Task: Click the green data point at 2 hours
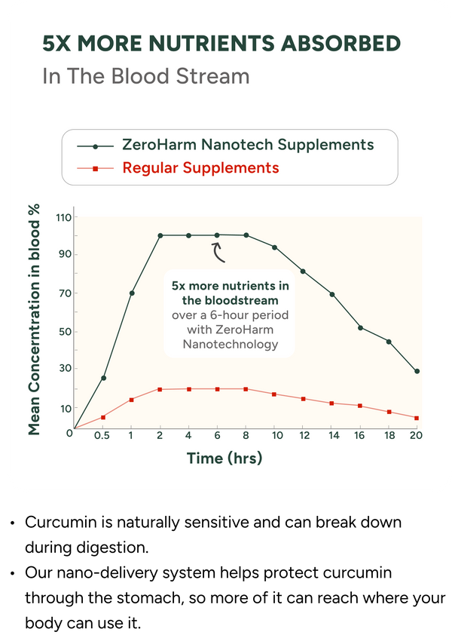pos(160,235)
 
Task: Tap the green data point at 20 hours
pos(417,371)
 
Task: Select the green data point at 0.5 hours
pos(104,378)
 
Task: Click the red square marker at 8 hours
pos(246,389)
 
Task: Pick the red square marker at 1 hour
pos(131,400)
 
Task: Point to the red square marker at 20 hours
pos(417,418)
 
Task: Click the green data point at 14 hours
pos(332,294)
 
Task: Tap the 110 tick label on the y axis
pos(63,218)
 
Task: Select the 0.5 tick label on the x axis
pos(102,436)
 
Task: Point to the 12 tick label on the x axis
pos(304,436)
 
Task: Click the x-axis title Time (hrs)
pos(224,459)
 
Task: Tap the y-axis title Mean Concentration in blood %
pos(35,320)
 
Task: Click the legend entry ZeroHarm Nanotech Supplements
pos(248,145)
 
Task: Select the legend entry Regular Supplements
pos(200,167)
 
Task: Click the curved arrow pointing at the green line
pos(217,253)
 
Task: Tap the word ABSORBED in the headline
pos(341,43)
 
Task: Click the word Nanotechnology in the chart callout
pos(231,344)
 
